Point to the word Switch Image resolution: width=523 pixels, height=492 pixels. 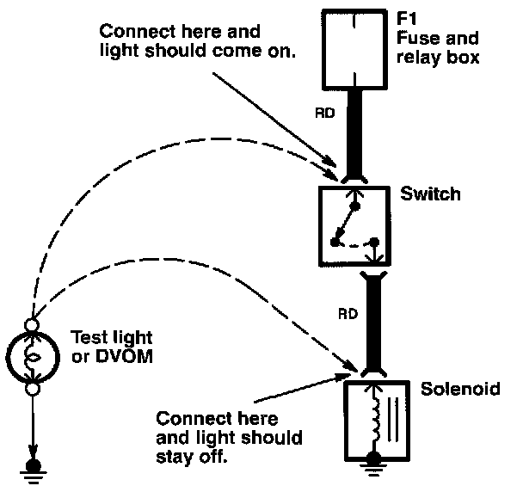(x=430, y=194)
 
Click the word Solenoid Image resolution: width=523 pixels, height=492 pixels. (x=460, y=389)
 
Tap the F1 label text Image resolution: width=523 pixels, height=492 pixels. (x=406, y=18)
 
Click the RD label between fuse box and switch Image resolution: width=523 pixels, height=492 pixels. (x=325, y=114)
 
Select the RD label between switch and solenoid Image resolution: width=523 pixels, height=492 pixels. (x=348, y=314)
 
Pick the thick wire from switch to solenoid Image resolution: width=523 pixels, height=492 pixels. (x=373, y=323)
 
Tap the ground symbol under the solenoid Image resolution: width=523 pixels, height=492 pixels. (x=373, y=463)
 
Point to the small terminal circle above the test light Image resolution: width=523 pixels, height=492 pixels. (x=32, y=325)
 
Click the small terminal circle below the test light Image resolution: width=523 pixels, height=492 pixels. (x=33, y=389)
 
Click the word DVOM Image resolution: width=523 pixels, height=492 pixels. (x=124, y=356)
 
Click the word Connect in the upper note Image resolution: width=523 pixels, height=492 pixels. (x=138, y=32)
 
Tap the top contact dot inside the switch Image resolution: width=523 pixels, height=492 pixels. (x=355, y=206)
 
